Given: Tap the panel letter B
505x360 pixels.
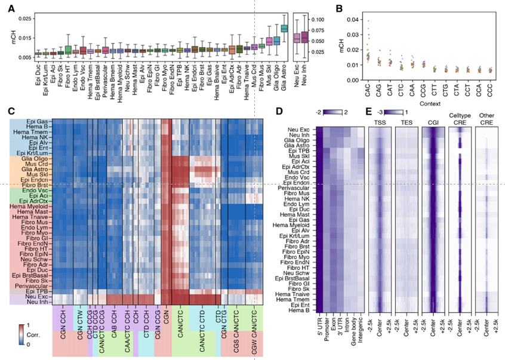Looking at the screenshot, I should [339, 8].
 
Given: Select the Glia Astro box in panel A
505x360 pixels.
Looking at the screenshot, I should [284, 28].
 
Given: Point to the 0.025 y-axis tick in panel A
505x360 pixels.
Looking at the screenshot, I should [24, 19].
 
